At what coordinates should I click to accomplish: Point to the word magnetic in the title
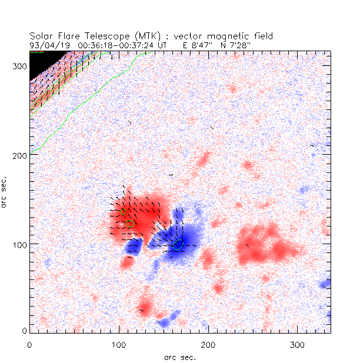230,36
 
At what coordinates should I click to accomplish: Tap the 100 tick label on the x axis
119,343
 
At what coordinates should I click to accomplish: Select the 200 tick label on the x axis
208,343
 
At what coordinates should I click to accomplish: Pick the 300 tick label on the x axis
296,343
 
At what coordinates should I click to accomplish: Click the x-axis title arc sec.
180,357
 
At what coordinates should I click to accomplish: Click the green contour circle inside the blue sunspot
178,244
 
